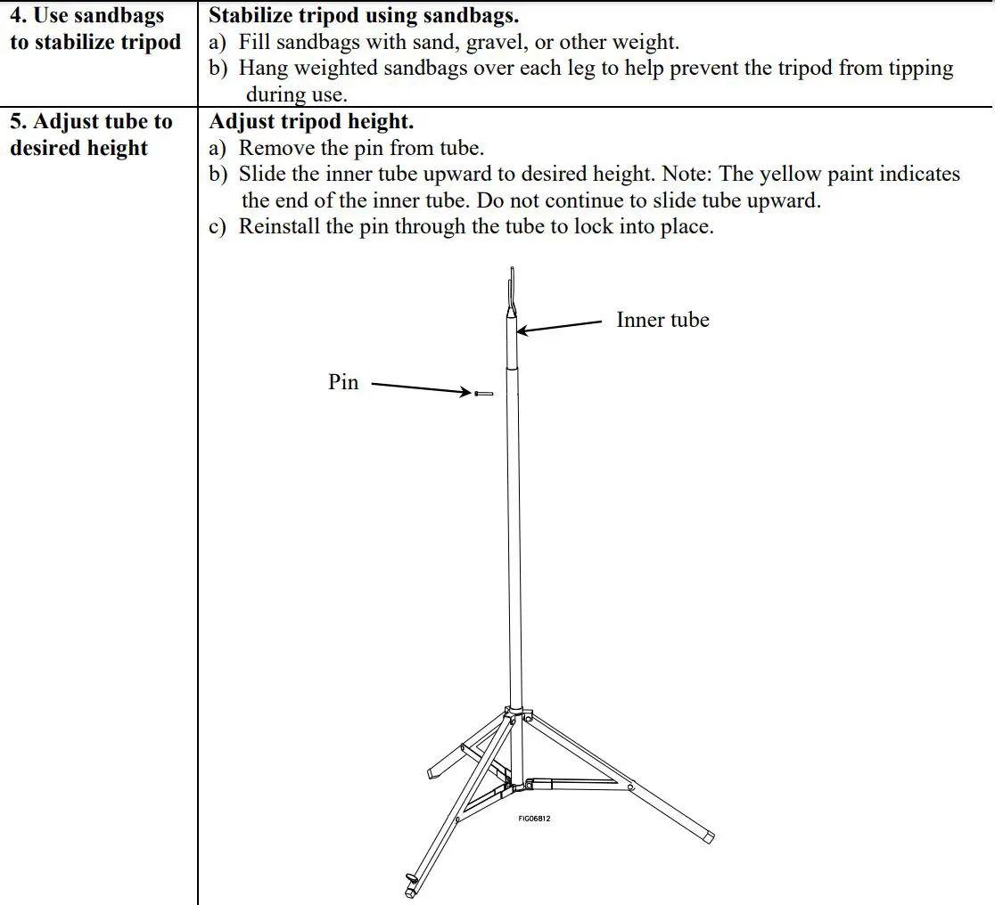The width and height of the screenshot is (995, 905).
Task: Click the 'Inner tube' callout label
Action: (x=662, y=320)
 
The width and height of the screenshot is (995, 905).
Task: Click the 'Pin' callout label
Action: (x=343, y=382)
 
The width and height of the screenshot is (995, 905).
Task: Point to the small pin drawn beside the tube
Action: (x=485, y=393)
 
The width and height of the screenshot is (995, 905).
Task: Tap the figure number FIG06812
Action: (x=534, y=819)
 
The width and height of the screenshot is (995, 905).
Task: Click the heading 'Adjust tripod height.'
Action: (x=311, y=121)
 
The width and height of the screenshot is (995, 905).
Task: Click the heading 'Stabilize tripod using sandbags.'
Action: (x=364, y=15)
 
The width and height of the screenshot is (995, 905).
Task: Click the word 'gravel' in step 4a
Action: (x=495, y=42)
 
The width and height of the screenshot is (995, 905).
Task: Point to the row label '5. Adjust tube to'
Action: (x=91, y=121)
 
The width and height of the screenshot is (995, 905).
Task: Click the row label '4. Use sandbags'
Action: (x=86, y=15)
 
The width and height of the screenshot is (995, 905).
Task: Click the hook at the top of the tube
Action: (x=511, y=289)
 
